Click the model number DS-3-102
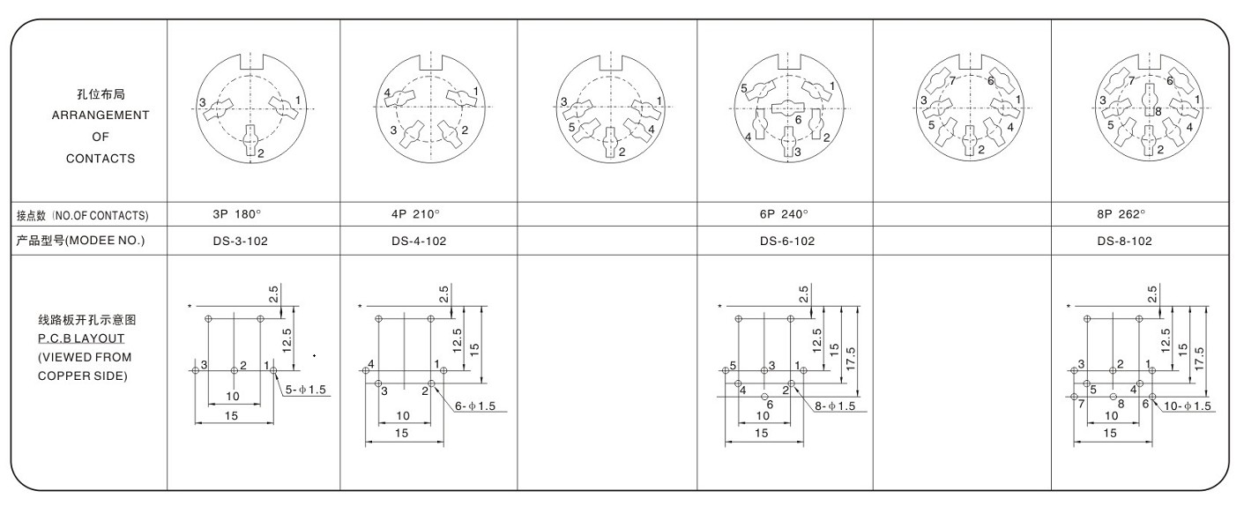coord(240,241)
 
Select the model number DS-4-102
coord(419,241)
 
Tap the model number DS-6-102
coord(787,241)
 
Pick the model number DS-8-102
coord(1124,241)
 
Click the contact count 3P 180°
coord(237,214)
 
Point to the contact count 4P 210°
coord(415,214)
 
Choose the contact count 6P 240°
coord(784,214)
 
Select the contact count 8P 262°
coord(1121,214)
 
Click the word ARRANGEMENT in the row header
coord(101,115)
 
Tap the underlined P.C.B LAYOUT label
coord(81,339)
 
